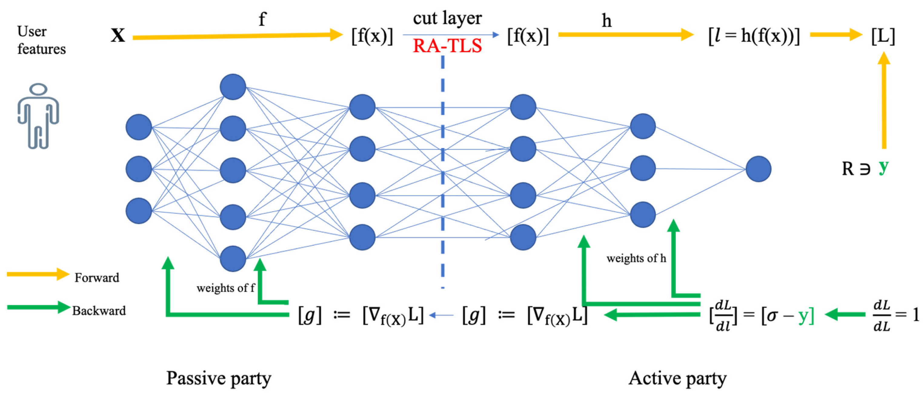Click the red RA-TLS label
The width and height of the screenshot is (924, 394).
pyautogui.click(x=447, y=46)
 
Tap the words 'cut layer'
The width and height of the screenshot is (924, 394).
pyautogui.click(x=447, y=18)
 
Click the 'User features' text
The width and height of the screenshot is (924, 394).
pyautogui.click(x=41, y=40)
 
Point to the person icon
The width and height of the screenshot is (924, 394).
pyautogui.click(x=38, y=116)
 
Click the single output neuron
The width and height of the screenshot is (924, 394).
pyautogui.click(x=758, y=169)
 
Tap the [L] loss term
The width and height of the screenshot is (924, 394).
pyautogui.click(x=883, y=36)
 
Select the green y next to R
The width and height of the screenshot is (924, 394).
pyautogui.click(x=883, y=166)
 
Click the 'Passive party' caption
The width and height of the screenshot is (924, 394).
pyautogui.click(x=218, y=378)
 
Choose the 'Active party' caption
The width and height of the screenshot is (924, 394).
pyautogui.click(x=677, y=378)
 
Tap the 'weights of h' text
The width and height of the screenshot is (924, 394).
pyautogui.click(x=636, y=258)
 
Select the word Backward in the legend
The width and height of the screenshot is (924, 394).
pyautogui.click(x=99, y=311)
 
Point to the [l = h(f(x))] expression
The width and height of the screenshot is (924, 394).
pyautogui.click(x=754, y=36)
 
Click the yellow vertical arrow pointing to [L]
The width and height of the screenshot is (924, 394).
pyautogui.click(x=884, y=101)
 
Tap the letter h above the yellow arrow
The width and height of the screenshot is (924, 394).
pyautogui.click(x=606, y=21)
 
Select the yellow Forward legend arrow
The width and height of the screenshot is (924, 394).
pyautogui.click(x=38, y=274)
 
